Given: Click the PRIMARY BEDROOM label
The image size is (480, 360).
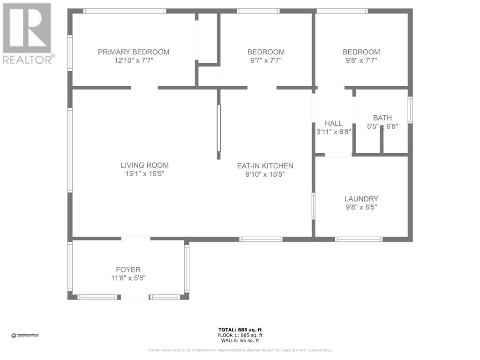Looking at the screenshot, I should point(134,52).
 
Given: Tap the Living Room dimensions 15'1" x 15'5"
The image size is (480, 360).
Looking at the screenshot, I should point(144,174).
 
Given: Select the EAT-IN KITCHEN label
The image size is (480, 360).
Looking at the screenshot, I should point(265,166).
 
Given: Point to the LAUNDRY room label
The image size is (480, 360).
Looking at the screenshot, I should point(361,199).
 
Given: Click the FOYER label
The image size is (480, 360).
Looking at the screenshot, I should point(128,270).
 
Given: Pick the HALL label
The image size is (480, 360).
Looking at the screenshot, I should point(334,123).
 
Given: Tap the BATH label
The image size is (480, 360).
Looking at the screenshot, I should point(382,118).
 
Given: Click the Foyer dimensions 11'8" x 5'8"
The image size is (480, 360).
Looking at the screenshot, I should point(128,278).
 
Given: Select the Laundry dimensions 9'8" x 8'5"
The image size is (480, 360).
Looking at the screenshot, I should point(361,207).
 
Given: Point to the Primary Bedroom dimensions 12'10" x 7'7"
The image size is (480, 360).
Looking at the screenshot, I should point(134,60).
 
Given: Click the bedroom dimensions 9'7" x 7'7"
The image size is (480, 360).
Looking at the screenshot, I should point(266,60).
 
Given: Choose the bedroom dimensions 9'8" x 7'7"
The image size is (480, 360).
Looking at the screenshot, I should point(361,60).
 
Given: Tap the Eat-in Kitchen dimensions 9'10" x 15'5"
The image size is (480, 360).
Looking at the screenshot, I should point(265,174).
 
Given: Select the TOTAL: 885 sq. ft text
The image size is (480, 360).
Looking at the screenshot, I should point(240,330).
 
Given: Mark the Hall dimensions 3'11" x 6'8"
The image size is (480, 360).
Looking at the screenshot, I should point(334,132).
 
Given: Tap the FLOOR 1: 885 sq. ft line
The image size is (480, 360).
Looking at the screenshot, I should point(240,335).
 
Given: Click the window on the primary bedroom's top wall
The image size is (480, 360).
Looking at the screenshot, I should point(125,11).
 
